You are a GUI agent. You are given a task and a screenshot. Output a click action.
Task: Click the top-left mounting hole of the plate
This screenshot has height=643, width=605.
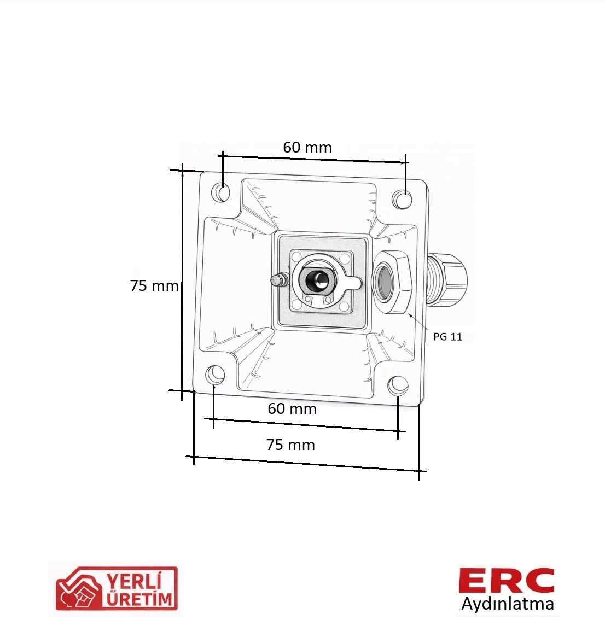tap(221, 192)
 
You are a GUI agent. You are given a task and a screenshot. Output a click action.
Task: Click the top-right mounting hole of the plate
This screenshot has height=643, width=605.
tap(402, 200)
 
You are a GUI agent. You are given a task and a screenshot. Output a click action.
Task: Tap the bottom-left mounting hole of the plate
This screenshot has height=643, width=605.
tap(215, 374)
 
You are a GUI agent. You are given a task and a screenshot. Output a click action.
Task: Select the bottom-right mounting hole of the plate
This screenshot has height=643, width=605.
tap(398, 385)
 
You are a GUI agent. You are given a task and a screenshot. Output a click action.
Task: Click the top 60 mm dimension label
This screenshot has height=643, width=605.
tap(307, 147)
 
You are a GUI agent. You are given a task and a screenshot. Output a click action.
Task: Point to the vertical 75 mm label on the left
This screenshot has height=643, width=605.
tap(154, 285)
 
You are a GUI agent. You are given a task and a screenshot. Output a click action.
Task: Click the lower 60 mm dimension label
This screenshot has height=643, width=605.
tap(292, 409)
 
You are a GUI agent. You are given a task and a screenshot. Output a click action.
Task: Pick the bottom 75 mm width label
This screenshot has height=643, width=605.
tap(291, 445)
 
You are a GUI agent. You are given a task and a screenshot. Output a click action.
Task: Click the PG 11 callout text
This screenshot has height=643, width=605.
tap(447, 337)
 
